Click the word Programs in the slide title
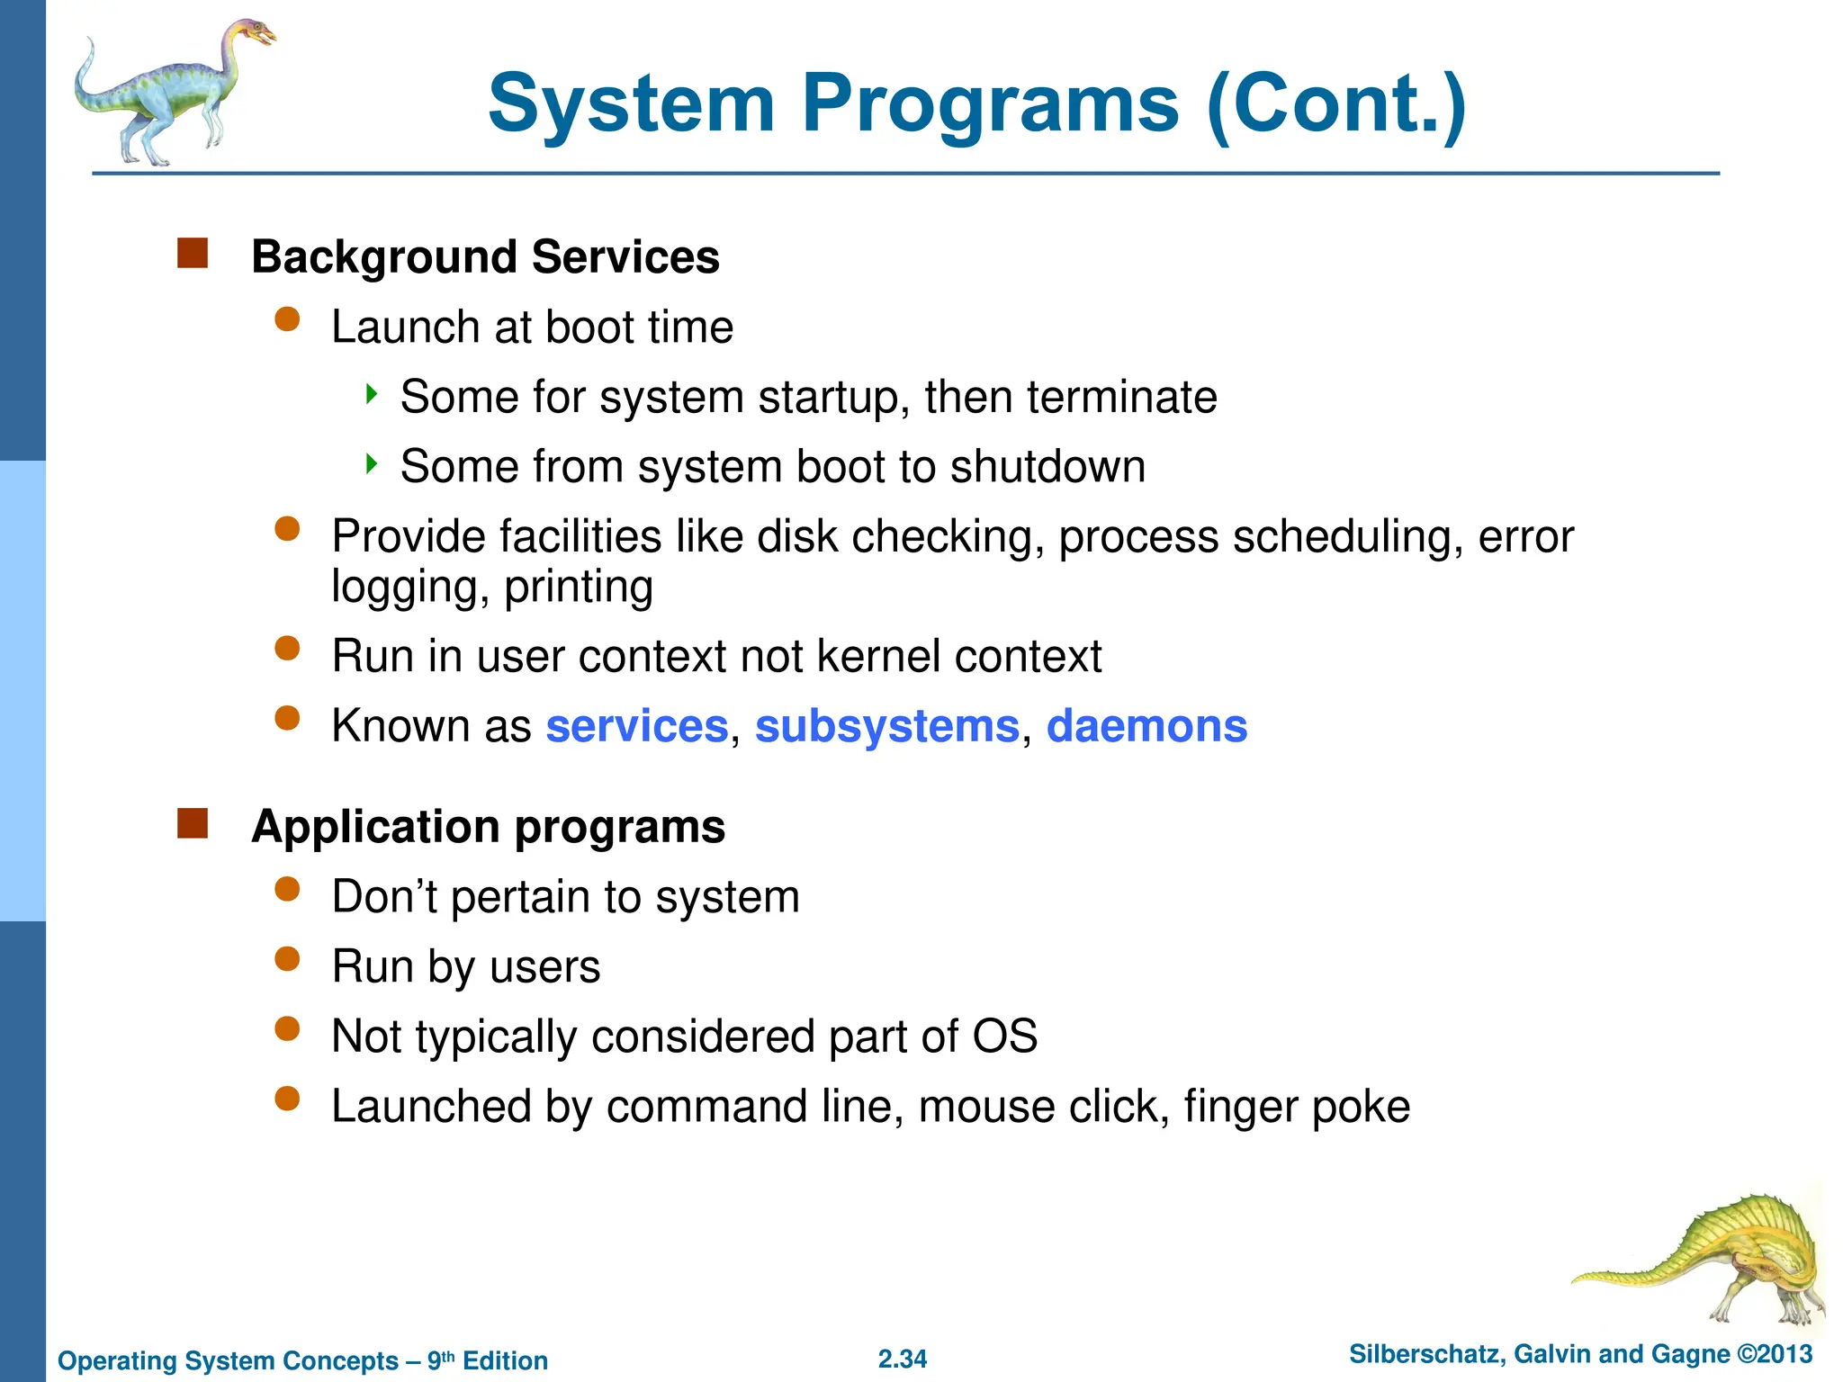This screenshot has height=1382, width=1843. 990,106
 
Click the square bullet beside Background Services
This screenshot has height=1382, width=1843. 193,254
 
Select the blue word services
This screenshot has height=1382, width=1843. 636,726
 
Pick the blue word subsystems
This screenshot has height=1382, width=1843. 886,726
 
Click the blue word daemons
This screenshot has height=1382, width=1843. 1146,726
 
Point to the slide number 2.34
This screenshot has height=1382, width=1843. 902,1359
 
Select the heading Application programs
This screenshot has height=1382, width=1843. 488,827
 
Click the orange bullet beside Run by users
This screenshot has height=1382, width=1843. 287,959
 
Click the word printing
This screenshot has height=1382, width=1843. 578,588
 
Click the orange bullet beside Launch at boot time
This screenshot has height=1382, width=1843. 287,319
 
